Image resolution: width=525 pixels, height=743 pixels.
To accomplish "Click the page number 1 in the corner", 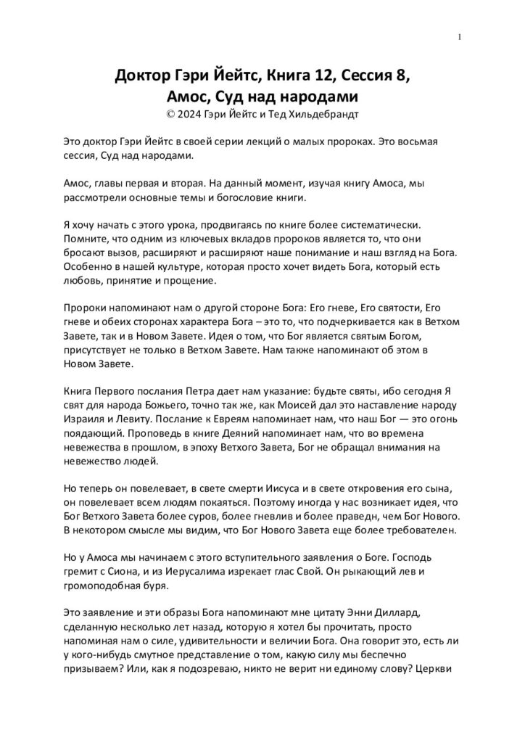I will click(460, 38).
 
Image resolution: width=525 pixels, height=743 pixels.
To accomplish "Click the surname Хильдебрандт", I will click(328, 114).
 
